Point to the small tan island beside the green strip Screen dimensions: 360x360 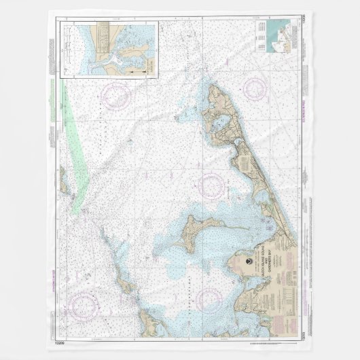[x=61, y=183]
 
